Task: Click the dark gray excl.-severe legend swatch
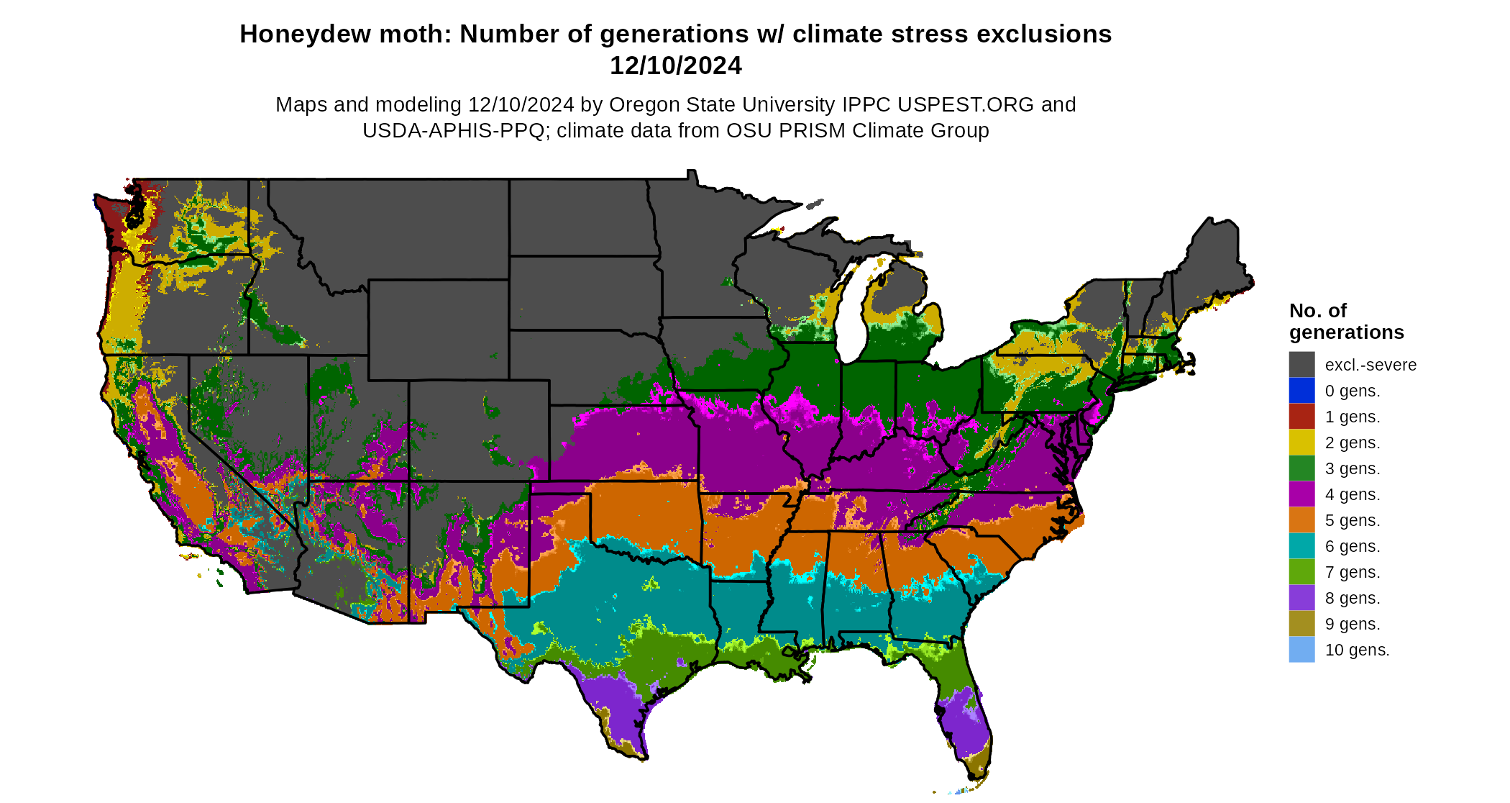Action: click(1301, 364)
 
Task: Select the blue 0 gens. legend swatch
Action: click(1301, 390)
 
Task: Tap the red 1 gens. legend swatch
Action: click(1301, 416)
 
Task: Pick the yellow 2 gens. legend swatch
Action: click(1301, 442)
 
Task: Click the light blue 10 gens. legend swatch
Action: click(1301, 649)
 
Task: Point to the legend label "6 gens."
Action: click(1352, 546)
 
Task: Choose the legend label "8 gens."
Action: click(1352, 598)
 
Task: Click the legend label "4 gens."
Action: click(1352, 494)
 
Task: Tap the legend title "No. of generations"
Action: click(1346, 321)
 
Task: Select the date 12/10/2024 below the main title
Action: click(675, 65)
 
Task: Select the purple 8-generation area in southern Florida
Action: click(960, 727)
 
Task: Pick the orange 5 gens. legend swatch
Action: click(1301, 520)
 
